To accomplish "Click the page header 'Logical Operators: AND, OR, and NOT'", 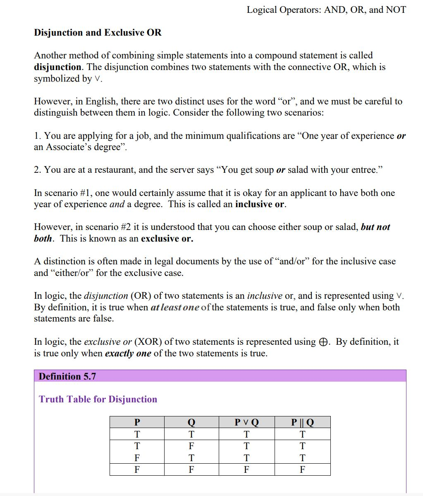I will click(x=326, y=10).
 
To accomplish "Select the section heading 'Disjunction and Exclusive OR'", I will click(x=98, y=33).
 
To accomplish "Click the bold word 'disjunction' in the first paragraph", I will click(x=57, y=67).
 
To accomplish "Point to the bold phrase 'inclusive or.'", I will click(x=260, y=204).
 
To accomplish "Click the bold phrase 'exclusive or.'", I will click(x=167, y=239).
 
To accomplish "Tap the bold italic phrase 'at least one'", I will click(x=175, y=307).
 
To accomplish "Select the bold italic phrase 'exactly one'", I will click(x=128, y=353).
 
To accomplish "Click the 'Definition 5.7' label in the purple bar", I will click(x=67, y=376).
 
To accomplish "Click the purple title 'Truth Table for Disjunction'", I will click(x=98, y=399).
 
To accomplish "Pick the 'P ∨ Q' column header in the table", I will click(x=246, y=422).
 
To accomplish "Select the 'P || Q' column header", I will click(x=302, y=422).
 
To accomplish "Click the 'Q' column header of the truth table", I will click(x=191, y=422).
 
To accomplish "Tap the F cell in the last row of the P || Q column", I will click(x=302, y=469).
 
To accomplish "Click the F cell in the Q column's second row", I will click(x=191, y=446).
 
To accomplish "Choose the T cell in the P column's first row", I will click(x=137, y=434).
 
